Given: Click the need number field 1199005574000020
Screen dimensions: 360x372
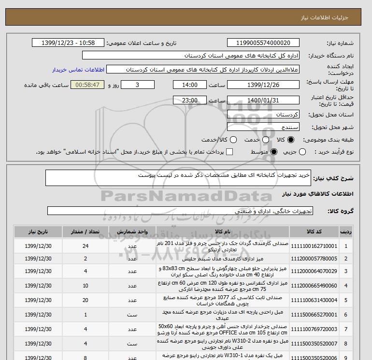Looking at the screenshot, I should pyautogui.click(x=263, y=43).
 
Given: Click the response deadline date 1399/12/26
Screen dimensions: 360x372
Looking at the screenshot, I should pyautogui.click(x=263, y=85).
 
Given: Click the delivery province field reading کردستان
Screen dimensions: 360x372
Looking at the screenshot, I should pyautogui.click(x=263, y=115).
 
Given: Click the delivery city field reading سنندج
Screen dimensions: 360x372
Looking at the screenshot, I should pyautogui.click(x=263, y=127).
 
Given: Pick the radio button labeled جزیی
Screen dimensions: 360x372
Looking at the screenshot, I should pyautogui.click(x=302, y=152).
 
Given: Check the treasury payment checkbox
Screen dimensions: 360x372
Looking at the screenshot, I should pyautogui.click(x=229, y=152).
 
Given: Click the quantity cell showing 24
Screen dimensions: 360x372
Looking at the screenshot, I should pyautogui.click(x=86, y=245).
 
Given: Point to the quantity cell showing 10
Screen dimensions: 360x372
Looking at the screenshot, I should pyautogui.click(x=86, y=286).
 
